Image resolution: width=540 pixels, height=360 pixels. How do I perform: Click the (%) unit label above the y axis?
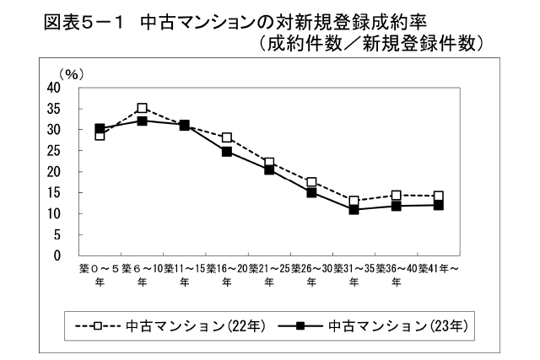point(67,75)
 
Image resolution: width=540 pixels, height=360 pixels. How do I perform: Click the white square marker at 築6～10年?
point(143,108)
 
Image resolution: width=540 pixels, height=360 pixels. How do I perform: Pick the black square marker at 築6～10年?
point(143,121)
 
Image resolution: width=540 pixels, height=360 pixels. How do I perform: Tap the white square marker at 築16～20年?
point(227,137)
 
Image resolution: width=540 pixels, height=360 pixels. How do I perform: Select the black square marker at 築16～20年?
point(227,152)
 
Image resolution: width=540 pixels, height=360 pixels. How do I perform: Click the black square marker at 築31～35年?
point(354,209)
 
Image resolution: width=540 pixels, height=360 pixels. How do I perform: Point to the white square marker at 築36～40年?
point(396,196)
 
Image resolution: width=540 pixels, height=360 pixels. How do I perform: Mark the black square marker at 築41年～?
point(438,205)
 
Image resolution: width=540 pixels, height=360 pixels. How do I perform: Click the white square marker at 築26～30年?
point(311,182)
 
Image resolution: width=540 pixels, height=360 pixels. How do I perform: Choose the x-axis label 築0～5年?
point(100,275)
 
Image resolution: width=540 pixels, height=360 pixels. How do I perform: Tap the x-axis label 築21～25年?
point(269,275)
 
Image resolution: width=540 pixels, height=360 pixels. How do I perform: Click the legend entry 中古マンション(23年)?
point(371,324)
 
